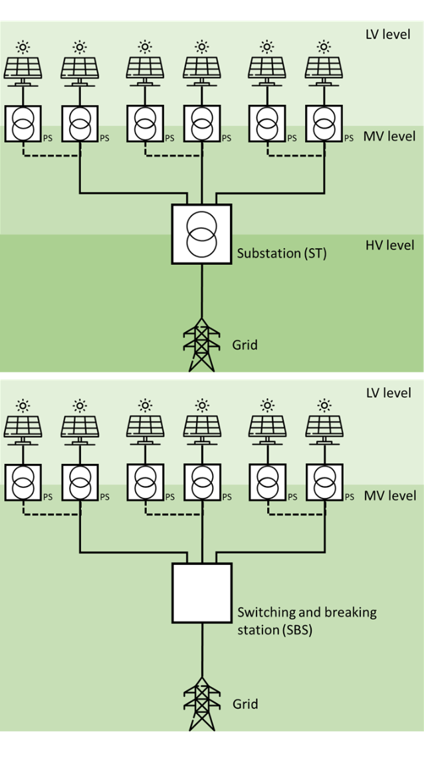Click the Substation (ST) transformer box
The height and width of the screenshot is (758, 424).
click(x=201, y=234)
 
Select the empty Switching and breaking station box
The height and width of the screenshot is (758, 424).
click(x=201, y=593)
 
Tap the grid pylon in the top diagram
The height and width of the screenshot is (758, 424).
click(x=201, y=344)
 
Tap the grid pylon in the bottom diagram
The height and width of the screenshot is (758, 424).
click(x=201, y=703)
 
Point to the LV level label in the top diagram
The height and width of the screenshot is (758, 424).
click(x=389, y=34)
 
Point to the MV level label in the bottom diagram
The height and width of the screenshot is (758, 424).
click(x=390, y=496)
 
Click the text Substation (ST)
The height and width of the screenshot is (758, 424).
click(x=282, y=253)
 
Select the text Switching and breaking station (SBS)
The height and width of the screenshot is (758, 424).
click(x=307, y=620)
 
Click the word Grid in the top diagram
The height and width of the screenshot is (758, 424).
click(x=245, y=344)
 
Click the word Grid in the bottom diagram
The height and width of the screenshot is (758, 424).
click(x=245, y=704)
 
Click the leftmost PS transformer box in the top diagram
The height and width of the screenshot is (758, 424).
click(x=23, y=123)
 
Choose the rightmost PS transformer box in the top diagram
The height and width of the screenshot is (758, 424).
click(x=324, y=123)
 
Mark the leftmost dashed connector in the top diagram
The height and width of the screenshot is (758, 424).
click(x=51, y=156)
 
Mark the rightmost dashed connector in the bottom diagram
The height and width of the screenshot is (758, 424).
click(x=296, y=514)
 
